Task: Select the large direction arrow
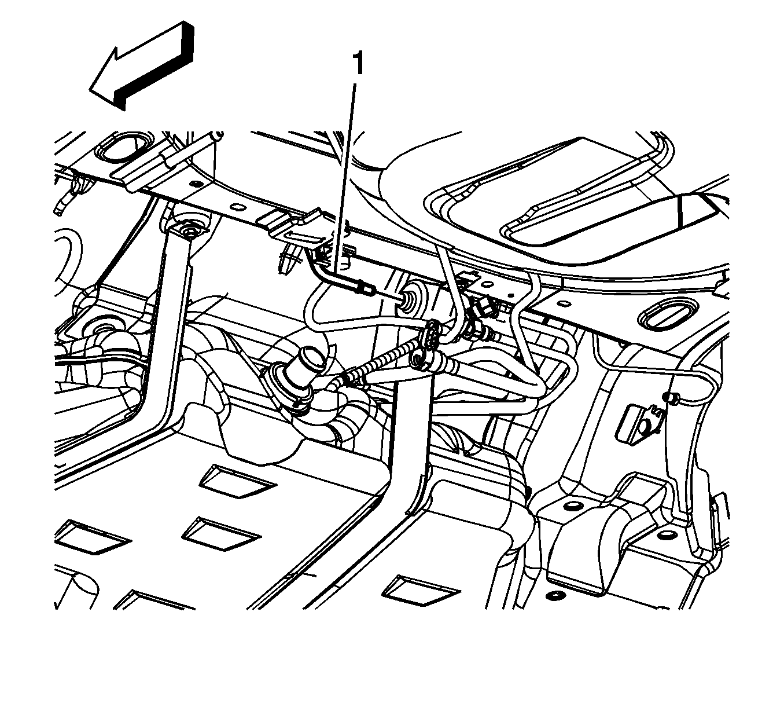click(142, 65)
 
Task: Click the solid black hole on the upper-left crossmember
click(191, 183)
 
